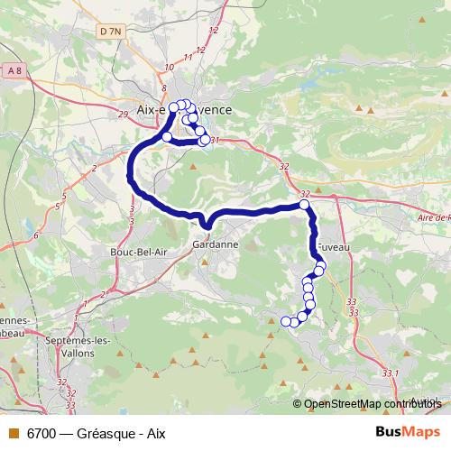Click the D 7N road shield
point(111,32)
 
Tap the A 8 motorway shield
point(13,70)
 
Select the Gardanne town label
point(215,244)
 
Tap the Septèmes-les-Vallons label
point(78,346)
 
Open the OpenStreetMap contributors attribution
point(371,404)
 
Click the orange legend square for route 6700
point(13,433)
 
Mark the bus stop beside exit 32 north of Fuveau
point(305,206)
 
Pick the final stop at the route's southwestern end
point(286,321)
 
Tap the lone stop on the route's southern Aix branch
point(166,136)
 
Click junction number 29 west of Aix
point(123,114)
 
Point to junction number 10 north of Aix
point(169,67)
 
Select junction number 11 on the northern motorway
point(189,57)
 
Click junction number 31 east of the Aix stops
point(215,140)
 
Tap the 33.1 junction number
point(389,372)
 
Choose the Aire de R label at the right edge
point(434,217)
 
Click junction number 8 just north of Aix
point(163,87)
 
